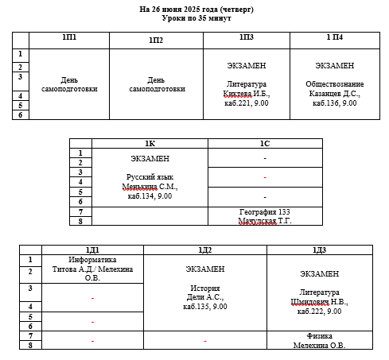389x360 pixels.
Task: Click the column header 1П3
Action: point(247,37)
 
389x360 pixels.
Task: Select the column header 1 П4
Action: point(335,37)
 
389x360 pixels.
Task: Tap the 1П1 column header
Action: point(69,37)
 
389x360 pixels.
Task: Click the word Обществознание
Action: point(335,84)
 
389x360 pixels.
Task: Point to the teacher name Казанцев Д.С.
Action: point(335,94)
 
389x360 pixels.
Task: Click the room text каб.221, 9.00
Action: point(247,103)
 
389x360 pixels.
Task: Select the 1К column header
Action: point(150,144)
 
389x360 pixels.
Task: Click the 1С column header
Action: point(265,144)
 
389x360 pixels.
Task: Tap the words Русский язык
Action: point(150,177)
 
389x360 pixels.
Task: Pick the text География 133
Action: point(265,212)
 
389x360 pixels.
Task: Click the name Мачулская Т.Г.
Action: point(265,221)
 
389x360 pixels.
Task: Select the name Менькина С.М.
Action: point(150,187)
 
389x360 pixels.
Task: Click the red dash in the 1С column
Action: point(265,177)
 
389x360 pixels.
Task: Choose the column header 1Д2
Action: point(205,250)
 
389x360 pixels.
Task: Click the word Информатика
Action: point(92,260)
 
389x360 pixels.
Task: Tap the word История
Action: point(205,288)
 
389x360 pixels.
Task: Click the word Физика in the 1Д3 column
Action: point(319,336)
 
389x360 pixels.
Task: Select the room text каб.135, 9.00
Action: point(205,307)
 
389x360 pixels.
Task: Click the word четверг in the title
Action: point(236,10)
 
